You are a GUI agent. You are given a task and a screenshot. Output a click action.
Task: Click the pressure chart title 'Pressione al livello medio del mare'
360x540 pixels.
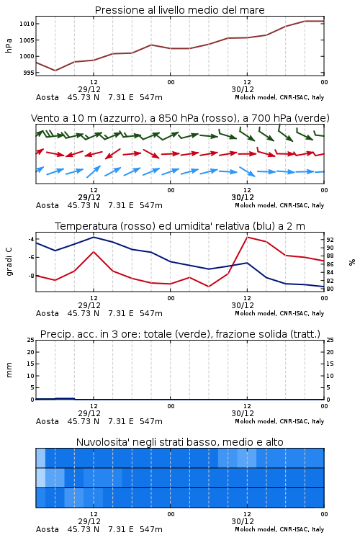(x=179, y=10)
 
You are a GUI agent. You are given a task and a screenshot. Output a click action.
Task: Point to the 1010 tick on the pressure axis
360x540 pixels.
(x=27, y=24)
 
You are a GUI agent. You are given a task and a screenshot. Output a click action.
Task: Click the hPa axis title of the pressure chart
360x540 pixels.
(x=9, y=45)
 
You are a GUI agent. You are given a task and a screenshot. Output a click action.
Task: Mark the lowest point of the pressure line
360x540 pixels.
(x=55, y=71)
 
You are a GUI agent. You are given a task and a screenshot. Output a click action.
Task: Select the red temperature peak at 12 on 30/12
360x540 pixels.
(x=247, y=237)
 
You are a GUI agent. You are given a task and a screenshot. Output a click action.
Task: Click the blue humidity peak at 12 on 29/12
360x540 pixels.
(x=94, y=237)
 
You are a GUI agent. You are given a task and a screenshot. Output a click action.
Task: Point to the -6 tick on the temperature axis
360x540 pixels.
(x=30, y=257)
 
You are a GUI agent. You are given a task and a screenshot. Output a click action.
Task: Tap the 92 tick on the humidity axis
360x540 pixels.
(x=330, y=240)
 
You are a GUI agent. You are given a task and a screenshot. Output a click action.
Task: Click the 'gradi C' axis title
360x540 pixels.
(x=9, y=261)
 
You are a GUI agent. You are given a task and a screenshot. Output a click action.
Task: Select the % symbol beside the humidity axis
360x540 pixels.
(x=352, y=262)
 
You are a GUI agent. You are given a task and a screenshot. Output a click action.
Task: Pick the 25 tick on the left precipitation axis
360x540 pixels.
(x=30, y=340)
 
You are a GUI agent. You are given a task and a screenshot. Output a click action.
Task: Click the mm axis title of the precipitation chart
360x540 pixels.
(x=9, y=370)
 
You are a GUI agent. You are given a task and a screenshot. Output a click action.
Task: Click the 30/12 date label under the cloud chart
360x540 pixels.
(x=243, y=521)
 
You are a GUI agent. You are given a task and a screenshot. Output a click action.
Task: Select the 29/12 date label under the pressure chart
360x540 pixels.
(x=89, y=89)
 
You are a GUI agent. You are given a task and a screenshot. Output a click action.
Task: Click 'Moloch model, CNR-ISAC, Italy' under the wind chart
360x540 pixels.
(x=279, y=205)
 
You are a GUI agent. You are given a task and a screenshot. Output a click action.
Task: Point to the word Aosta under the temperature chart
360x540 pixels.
(x=48, y=313)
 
